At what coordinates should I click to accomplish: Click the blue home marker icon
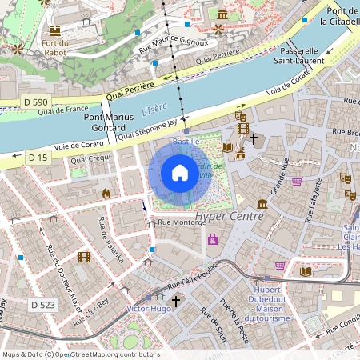pos(180,172)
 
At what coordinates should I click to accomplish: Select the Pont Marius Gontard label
pos(106,122)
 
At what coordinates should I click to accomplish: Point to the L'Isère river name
pos(155,109)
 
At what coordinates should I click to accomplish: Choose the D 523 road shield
pos(43,305)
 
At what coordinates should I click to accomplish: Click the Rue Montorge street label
pos(182,223)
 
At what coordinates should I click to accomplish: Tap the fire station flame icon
pos(106,193)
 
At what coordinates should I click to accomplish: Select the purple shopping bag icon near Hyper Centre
pos(213,238)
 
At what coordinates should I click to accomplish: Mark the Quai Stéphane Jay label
pos(147,130)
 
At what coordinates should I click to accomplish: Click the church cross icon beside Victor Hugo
pos(175,301)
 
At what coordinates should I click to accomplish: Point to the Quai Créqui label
pos(90,160)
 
